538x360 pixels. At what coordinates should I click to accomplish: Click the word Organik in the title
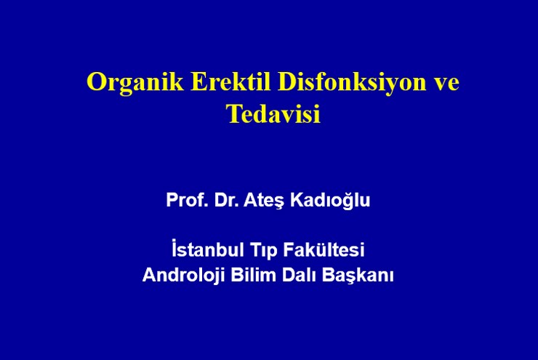tap(134, 83)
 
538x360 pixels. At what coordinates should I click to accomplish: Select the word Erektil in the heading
tap(230, 81)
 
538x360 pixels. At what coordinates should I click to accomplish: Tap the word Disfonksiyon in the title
tap(352, 83)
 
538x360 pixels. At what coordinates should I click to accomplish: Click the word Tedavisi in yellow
tap(273, 113)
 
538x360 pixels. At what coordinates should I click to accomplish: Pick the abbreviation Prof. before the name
tap(188, 200)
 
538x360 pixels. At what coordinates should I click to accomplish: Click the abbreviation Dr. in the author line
tap(226, 200)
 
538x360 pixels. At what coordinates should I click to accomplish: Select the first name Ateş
tap(264, 201)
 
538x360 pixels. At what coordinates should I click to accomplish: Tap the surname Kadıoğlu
tap(330, 201)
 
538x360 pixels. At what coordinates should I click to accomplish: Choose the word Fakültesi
tap(324, 249)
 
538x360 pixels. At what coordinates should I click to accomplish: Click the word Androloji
tap(183, 275)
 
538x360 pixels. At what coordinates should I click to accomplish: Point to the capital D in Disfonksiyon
tap(287, 81)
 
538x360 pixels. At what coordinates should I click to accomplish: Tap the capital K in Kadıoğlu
tap(297, 200)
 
